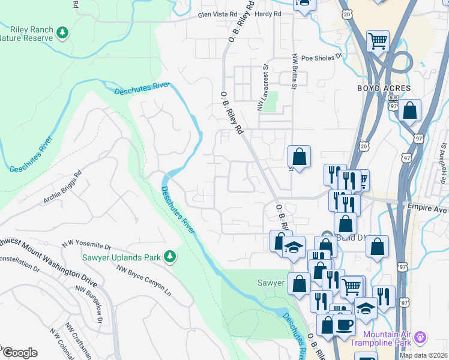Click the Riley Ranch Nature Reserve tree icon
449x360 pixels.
pos(61,32)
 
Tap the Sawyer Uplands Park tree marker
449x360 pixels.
pos(170,257)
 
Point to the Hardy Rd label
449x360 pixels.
pos(268,14)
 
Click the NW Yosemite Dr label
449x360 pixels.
pos(87,245)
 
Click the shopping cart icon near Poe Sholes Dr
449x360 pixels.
pos(378,41)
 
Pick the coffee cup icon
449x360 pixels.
pos(344,324)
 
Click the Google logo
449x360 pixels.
pos(20,353)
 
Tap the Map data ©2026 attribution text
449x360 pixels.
pos(424,355)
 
